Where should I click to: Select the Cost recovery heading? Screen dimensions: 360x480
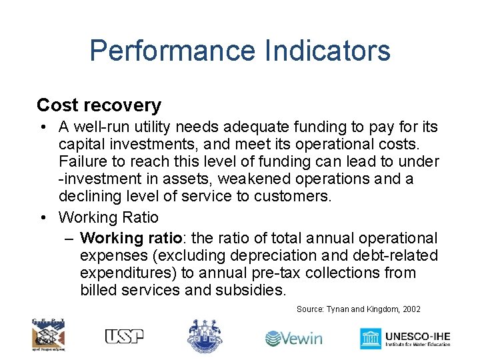[99, 105]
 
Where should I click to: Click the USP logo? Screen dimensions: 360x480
[124, 336]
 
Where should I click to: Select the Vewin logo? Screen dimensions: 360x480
[293, 338]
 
